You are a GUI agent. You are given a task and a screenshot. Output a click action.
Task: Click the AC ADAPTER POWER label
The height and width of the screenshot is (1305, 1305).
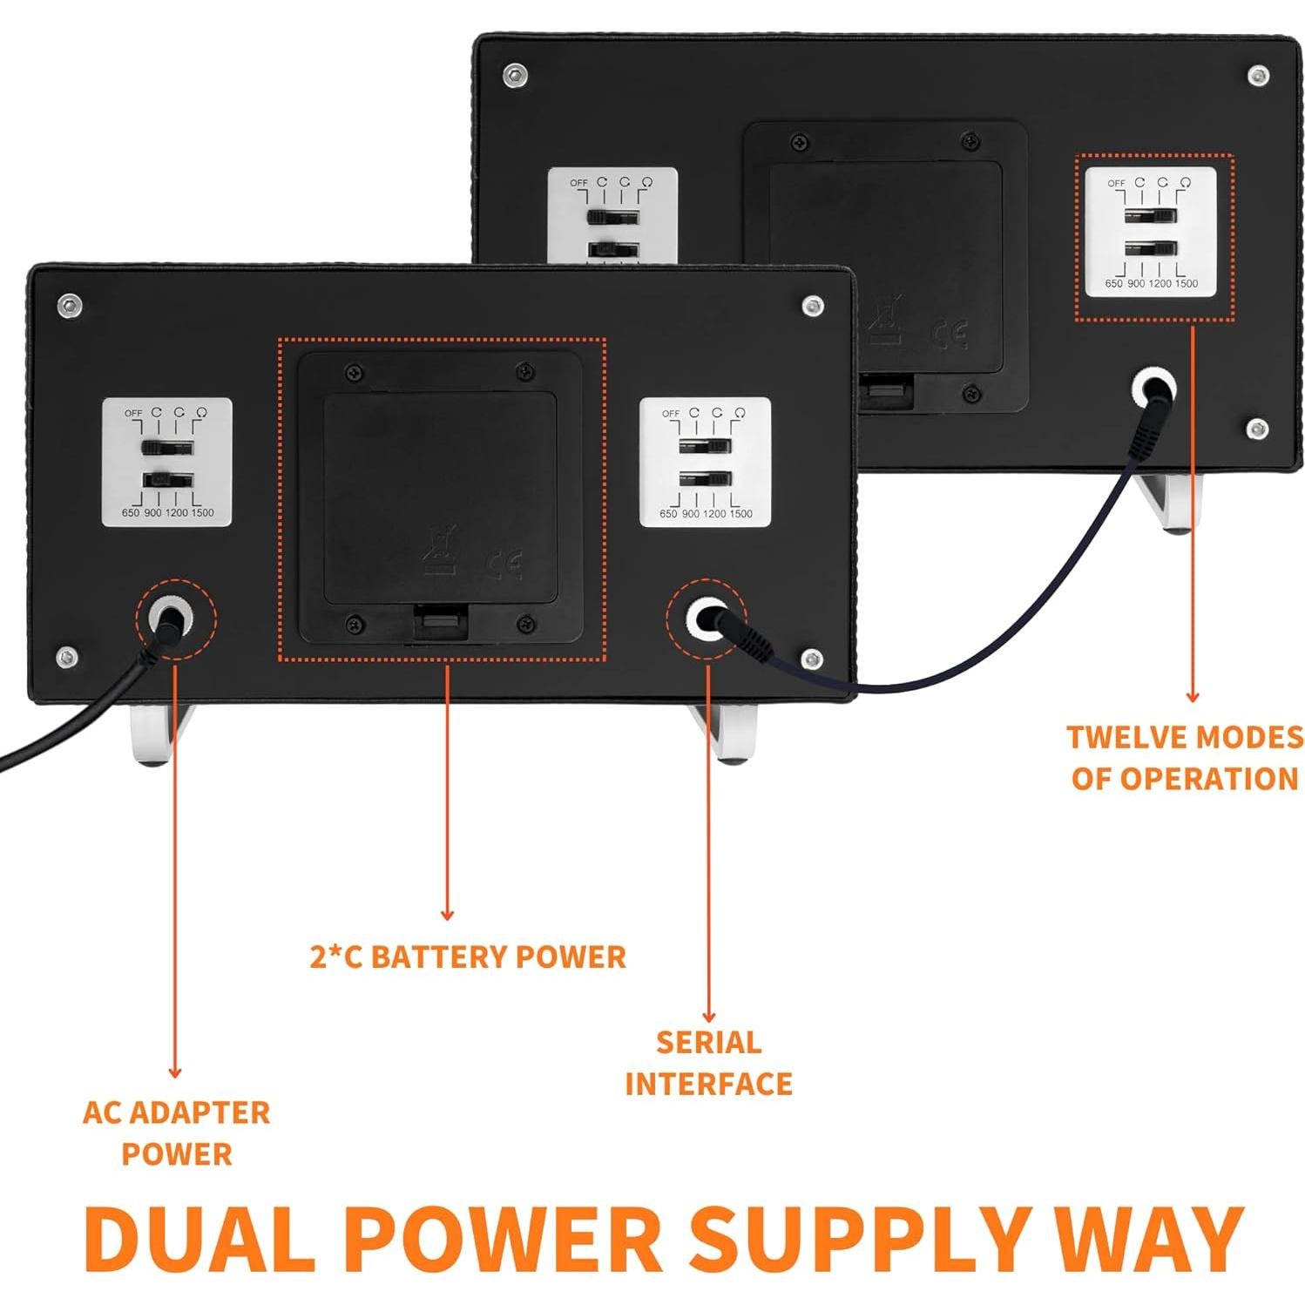pos(176,1133)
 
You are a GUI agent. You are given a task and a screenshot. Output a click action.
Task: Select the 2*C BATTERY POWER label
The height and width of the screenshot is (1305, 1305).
pos(468,957)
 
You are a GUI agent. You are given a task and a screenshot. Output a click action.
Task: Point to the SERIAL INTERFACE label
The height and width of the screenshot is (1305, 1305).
pos(708,1063)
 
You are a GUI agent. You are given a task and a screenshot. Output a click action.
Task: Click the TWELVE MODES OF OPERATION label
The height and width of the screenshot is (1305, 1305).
pos(1185,757)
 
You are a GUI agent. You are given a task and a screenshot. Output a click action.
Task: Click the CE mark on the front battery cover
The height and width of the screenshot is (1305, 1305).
pos(507,564)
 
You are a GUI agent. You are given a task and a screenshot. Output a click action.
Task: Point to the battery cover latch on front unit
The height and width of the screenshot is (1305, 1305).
pos(441,621)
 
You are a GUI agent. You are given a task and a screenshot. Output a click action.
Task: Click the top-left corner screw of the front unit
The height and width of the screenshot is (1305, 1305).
pos(70,305)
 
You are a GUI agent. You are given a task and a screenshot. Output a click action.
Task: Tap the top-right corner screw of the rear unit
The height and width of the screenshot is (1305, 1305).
pos(1258,75)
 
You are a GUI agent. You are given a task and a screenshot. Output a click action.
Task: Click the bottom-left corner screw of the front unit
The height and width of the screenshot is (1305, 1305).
pos(67,658)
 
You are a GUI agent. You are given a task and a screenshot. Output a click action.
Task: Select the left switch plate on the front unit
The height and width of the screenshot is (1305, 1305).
pos(167,463)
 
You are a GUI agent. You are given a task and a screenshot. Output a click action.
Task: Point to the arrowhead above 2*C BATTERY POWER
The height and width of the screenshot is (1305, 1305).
pos(447,915)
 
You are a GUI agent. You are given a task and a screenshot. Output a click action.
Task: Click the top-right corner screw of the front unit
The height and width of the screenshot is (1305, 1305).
pos(813,306)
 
